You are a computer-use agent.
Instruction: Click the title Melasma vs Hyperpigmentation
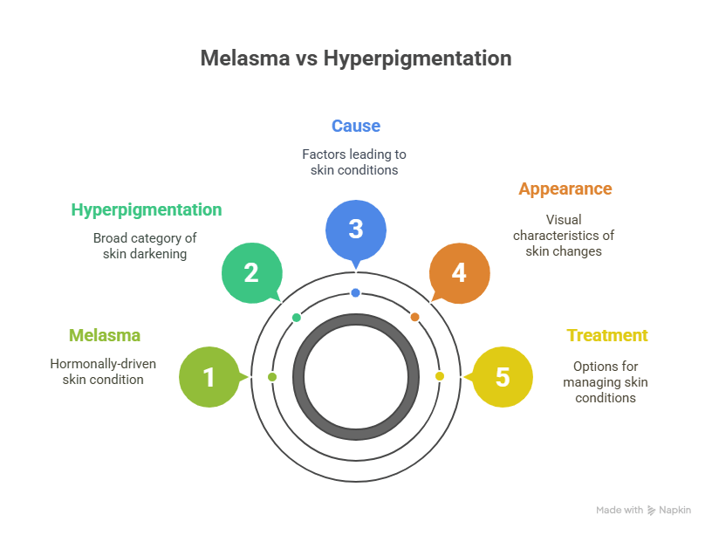coord(355,59)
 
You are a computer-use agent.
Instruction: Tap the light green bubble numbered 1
coord(209,377)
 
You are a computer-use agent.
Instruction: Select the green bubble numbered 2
coord(251,272)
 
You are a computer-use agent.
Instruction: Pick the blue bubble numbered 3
coord(355,230)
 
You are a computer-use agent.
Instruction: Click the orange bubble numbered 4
coord(459,272)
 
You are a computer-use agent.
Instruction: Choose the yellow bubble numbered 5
coord(502,377)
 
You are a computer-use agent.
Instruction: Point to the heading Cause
coord(355,126)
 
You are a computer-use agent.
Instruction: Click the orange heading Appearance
coord(565,189)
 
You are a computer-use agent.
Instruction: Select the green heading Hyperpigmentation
coord(146,209)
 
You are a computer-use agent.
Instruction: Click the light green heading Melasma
coord(104,335)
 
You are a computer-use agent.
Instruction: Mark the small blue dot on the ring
coord(355,293)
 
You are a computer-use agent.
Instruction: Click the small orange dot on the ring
coord(414,317)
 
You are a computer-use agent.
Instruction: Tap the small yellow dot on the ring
coord(440,376)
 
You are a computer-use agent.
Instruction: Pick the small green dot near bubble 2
coord(296,317)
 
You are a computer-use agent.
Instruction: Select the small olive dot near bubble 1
coord(272,376)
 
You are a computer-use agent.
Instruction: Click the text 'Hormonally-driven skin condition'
coord(103,372)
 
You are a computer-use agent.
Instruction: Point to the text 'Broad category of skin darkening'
coord(145,245)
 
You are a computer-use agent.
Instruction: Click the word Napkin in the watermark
coord(674,510)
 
